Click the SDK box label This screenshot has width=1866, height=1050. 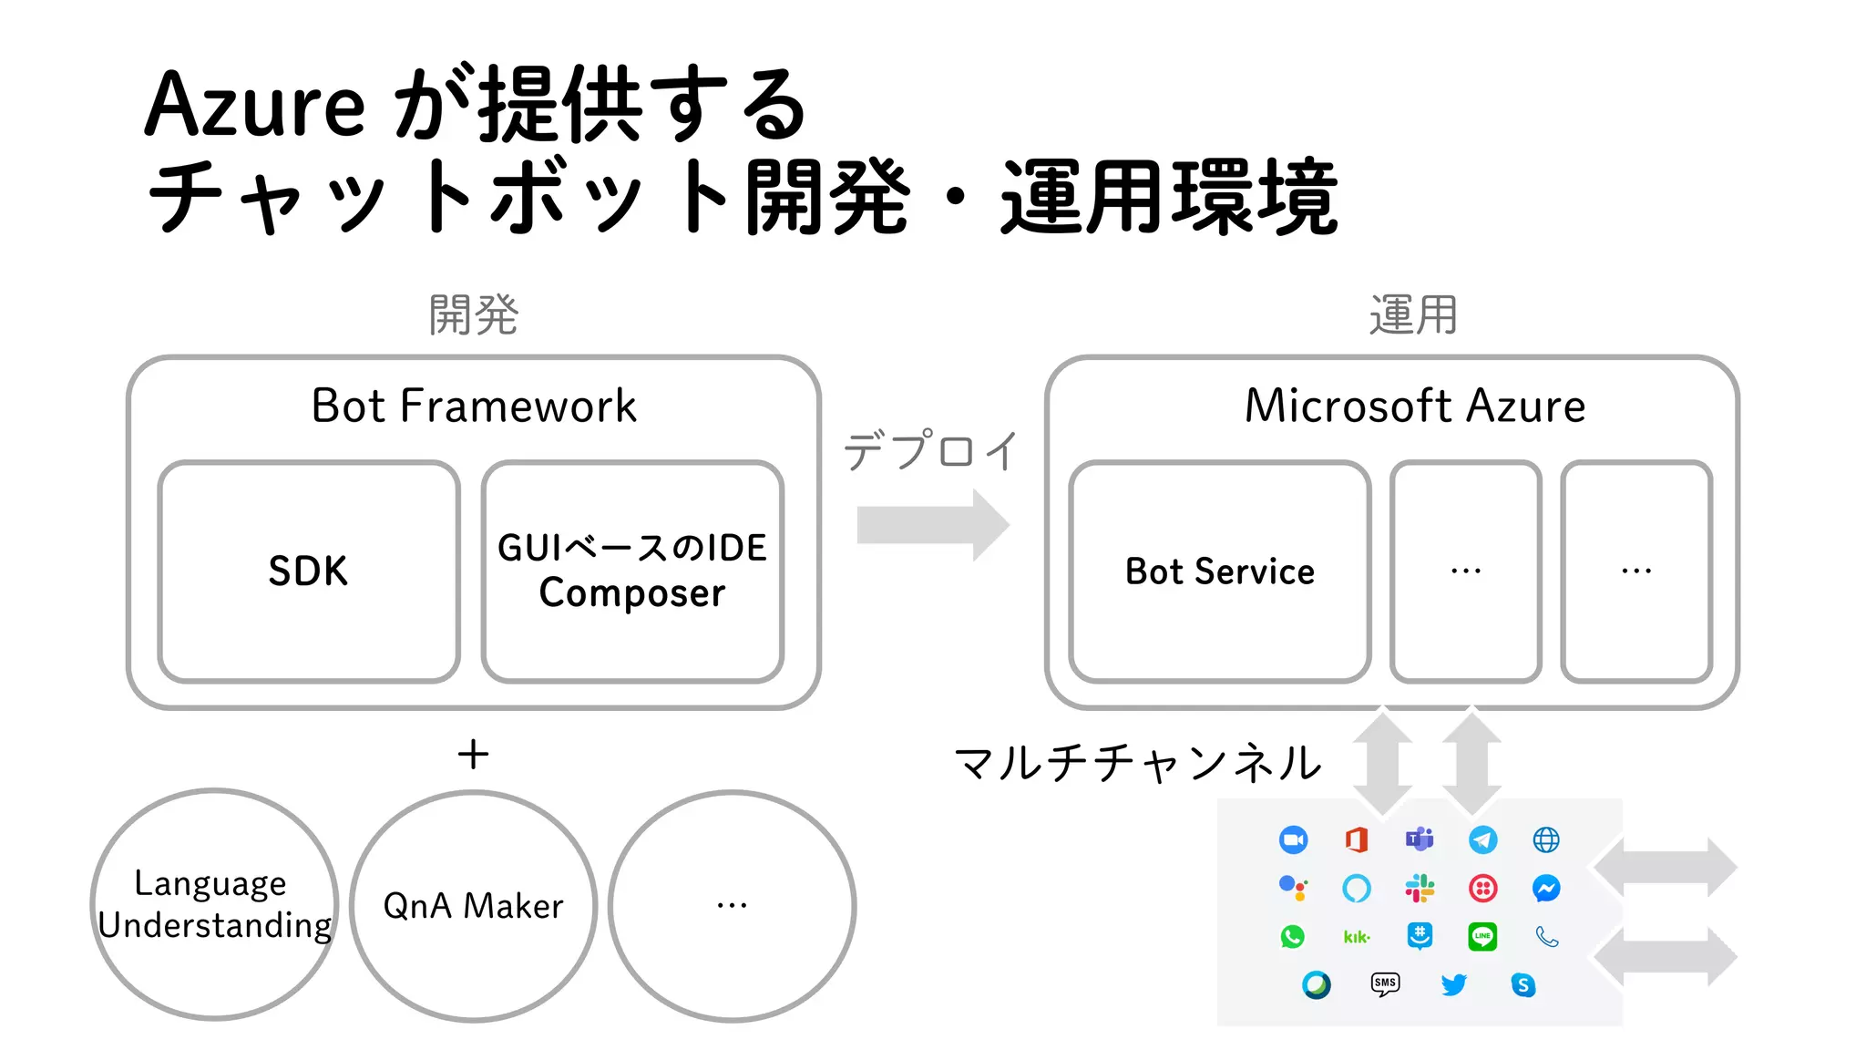tap(308, 571)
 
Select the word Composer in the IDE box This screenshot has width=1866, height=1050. tap(631, 593)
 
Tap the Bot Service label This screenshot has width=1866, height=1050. tap(1219, 571)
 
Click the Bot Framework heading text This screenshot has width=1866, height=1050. tap(473, 406)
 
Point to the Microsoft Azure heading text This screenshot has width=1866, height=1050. tap(1414, 406)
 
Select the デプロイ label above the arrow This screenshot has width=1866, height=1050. tap(930, 451)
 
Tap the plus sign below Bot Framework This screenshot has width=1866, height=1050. tap(473, 755)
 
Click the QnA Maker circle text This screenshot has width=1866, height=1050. tap(473, 906)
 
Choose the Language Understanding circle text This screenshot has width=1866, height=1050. tap(214, 904)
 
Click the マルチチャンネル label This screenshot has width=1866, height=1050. tap(1137, 763)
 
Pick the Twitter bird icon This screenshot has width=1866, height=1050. tap(1453, 984)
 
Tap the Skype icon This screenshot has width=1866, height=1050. tap(1523, 984)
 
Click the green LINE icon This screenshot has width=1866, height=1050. tap(1482, 936)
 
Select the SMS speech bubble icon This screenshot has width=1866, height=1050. tap(1385, 983)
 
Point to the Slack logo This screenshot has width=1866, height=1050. tap(1419, 888)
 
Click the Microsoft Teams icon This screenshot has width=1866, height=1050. tap(1419, 839)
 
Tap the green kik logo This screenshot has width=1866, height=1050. tap(1356, 937)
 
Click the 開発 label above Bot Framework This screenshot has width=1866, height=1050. tap(473, 315)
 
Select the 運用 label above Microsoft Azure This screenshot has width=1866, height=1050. tap(1413, 315)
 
